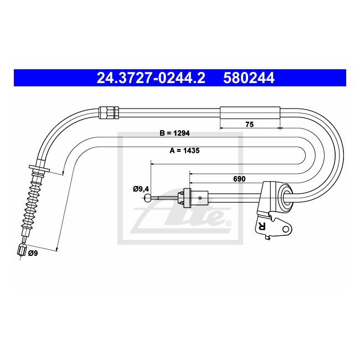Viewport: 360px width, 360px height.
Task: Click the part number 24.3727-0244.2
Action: click(151, 78)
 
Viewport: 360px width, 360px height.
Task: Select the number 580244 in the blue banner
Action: click(249, 78)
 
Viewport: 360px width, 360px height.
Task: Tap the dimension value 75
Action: click(250, 125)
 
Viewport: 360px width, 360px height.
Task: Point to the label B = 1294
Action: click(174, 133)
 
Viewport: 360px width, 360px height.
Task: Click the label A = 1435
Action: click(184, 151)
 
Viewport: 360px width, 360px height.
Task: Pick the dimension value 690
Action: click(239, 179)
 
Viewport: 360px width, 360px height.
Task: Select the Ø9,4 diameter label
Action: click(141, 189)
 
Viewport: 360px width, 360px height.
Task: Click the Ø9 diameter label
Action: click(33, 253)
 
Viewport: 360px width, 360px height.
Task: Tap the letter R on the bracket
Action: click(262, 226)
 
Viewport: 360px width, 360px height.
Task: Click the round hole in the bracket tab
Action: click(286, 229)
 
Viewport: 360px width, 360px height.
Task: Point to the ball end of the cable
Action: click(148, 198)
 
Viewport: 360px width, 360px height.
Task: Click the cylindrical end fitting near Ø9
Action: click(22, 250)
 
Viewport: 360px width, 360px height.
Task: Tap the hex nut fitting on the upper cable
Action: click(109, 112)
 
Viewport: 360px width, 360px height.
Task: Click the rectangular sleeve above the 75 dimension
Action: click(250, 113)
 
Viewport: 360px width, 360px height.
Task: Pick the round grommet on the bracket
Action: click(285, 197)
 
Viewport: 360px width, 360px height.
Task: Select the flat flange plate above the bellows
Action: click(39, 168)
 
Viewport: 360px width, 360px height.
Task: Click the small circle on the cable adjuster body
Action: click(200, 198)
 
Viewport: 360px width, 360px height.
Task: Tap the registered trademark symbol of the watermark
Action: click(228, 223)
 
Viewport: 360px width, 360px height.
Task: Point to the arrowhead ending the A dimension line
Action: click(57, 250)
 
